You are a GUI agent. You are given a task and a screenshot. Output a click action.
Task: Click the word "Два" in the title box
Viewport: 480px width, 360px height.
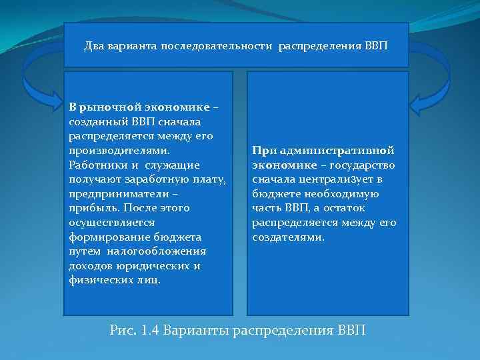pos(95,47)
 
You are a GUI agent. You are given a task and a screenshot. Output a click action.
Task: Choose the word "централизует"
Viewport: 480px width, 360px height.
pos(334,179)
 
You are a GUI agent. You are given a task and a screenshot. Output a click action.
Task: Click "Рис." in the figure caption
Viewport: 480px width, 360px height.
pos(121,331)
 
